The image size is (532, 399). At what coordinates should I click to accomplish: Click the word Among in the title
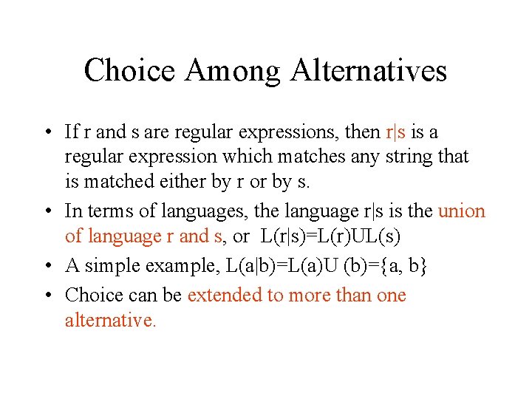pos(233,71)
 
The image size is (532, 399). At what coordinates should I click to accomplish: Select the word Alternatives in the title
pos(369,71)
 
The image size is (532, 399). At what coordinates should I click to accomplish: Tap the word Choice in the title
pos(129,71)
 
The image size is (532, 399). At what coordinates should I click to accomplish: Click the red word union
pos(462,211)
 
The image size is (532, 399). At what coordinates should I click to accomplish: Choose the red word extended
pos(225,296)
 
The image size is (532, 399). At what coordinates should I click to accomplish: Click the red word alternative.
pos(110,321)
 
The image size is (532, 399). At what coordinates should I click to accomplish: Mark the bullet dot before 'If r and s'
pos(47,133)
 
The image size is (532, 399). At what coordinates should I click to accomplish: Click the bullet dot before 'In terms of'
pos(47,212)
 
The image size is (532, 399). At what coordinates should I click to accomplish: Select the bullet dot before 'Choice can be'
pos(47,296)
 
